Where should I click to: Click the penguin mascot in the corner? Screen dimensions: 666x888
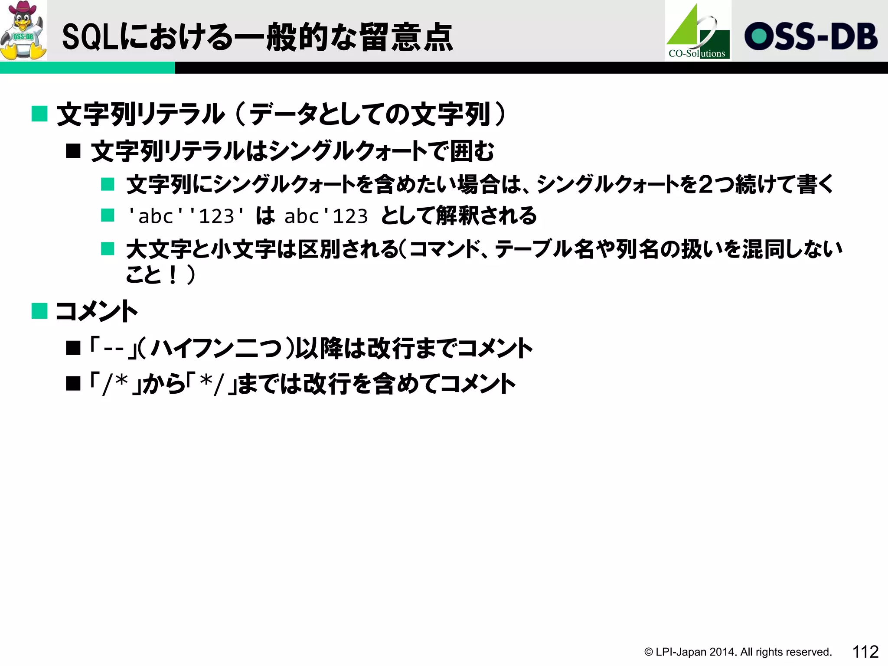[x=23, y=30]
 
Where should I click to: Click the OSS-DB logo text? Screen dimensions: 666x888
[x=811, y=36]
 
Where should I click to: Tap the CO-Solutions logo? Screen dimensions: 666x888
[x=698, y=31]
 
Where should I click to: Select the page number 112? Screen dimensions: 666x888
[x=865, y=652]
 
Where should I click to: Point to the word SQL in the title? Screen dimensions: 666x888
[x=90, y=37]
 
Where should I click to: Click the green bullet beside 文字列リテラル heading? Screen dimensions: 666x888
[x=39, y=114]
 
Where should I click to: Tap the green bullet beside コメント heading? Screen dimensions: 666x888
[x=39, y=311]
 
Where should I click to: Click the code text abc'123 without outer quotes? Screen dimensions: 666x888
[x=326, y=216]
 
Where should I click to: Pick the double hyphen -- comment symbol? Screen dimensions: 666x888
[x=114, y=348]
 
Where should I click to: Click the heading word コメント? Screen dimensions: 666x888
[x=97, y=311]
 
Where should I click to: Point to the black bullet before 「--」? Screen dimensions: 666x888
[x=73, y=348]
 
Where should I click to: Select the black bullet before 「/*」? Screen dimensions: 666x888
[x=73, y=384]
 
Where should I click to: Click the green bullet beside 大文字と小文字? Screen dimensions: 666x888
[x=108, y=249]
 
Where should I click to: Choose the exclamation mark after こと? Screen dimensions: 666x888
[x=173, y=275]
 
